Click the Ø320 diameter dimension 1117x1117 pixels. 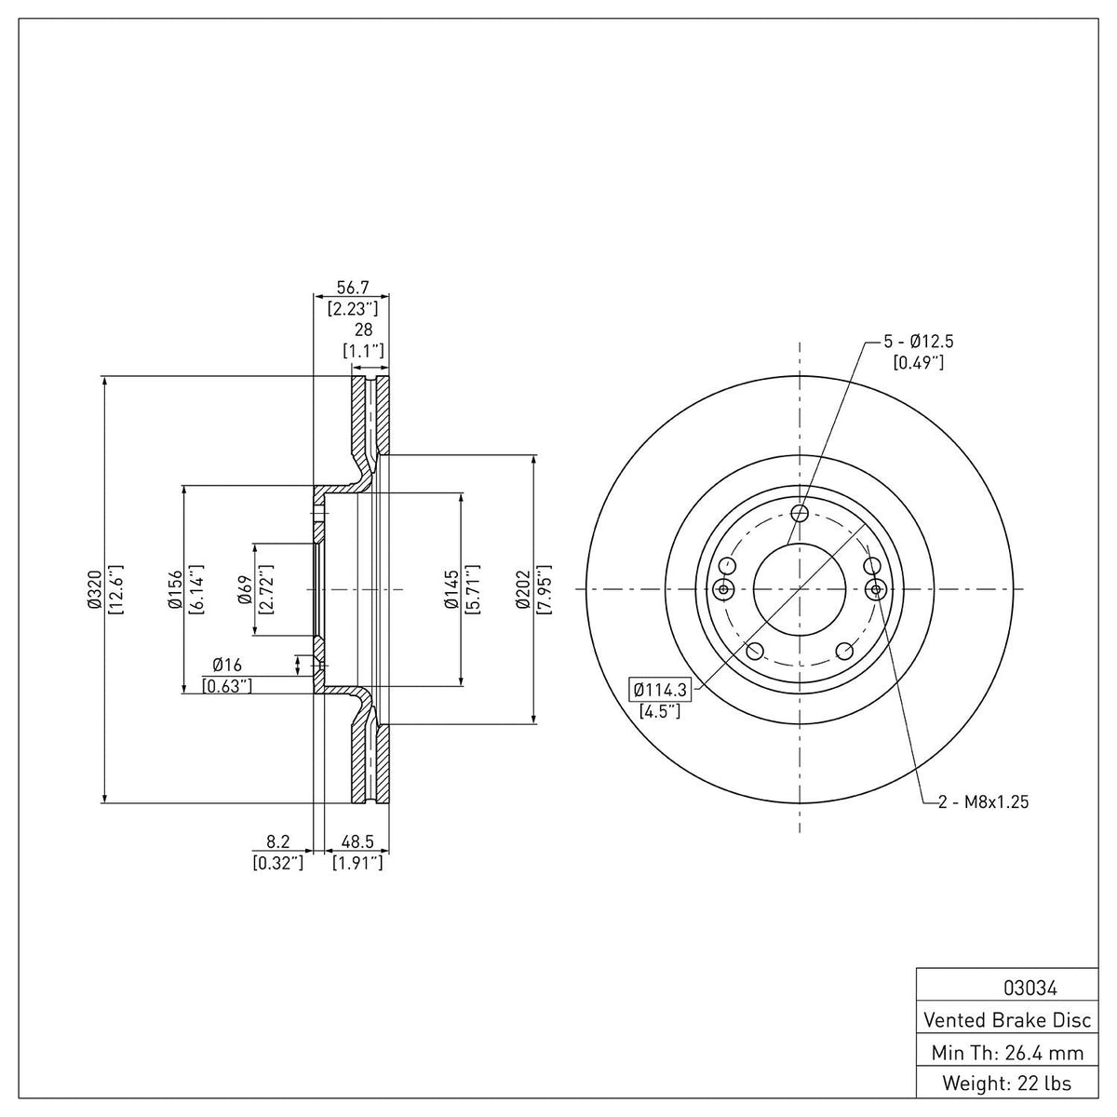[95, 589]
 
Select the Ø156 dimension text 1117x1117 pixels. [175, 589]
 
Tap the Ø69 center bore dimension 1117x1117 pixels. [245, 589]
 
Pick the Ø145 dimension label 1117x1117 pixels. [451, 589]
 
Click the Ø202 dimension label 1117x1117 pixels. [523, 589]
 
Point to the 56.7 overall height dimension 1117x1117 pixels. [353, 287]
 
